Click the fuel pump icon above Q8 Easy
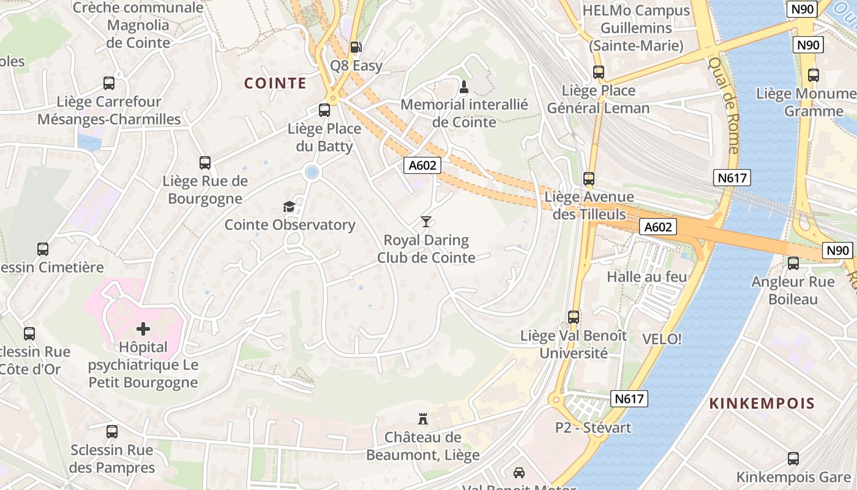(x=355, y=47)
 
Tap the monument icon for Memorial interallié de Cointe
(x=464, y=86)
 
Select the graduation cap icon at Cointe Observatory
(x=289, y=207)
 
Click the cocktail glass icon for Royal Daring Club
(x=426, y=222)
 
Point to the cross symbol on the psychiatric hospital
(x=143, y=330)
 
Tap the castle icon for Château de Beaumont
(x=422, y=419)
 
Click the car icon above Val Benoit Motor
(x=519, y=472)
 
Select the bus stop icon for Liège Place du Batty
(x=324, y=110)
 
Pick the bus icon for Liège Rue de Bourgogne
(x=205, y=163)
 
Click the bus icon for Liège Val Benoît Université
(x=574, y=317)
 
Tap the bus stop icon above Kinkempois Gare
(x=793, y=458)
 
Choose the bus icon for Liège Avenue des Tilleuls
(x=589, y=179)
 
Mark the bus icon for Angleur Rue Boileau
(x=793, y=263)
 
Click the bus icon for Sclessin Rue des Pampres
(x=112, y=432)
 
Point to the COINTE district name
(x=275, y=83)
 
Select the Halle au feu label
(x=647, y=277)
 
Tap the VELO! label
(x=662, y=339)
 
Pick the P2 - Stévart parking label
(x=593, y=428)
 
